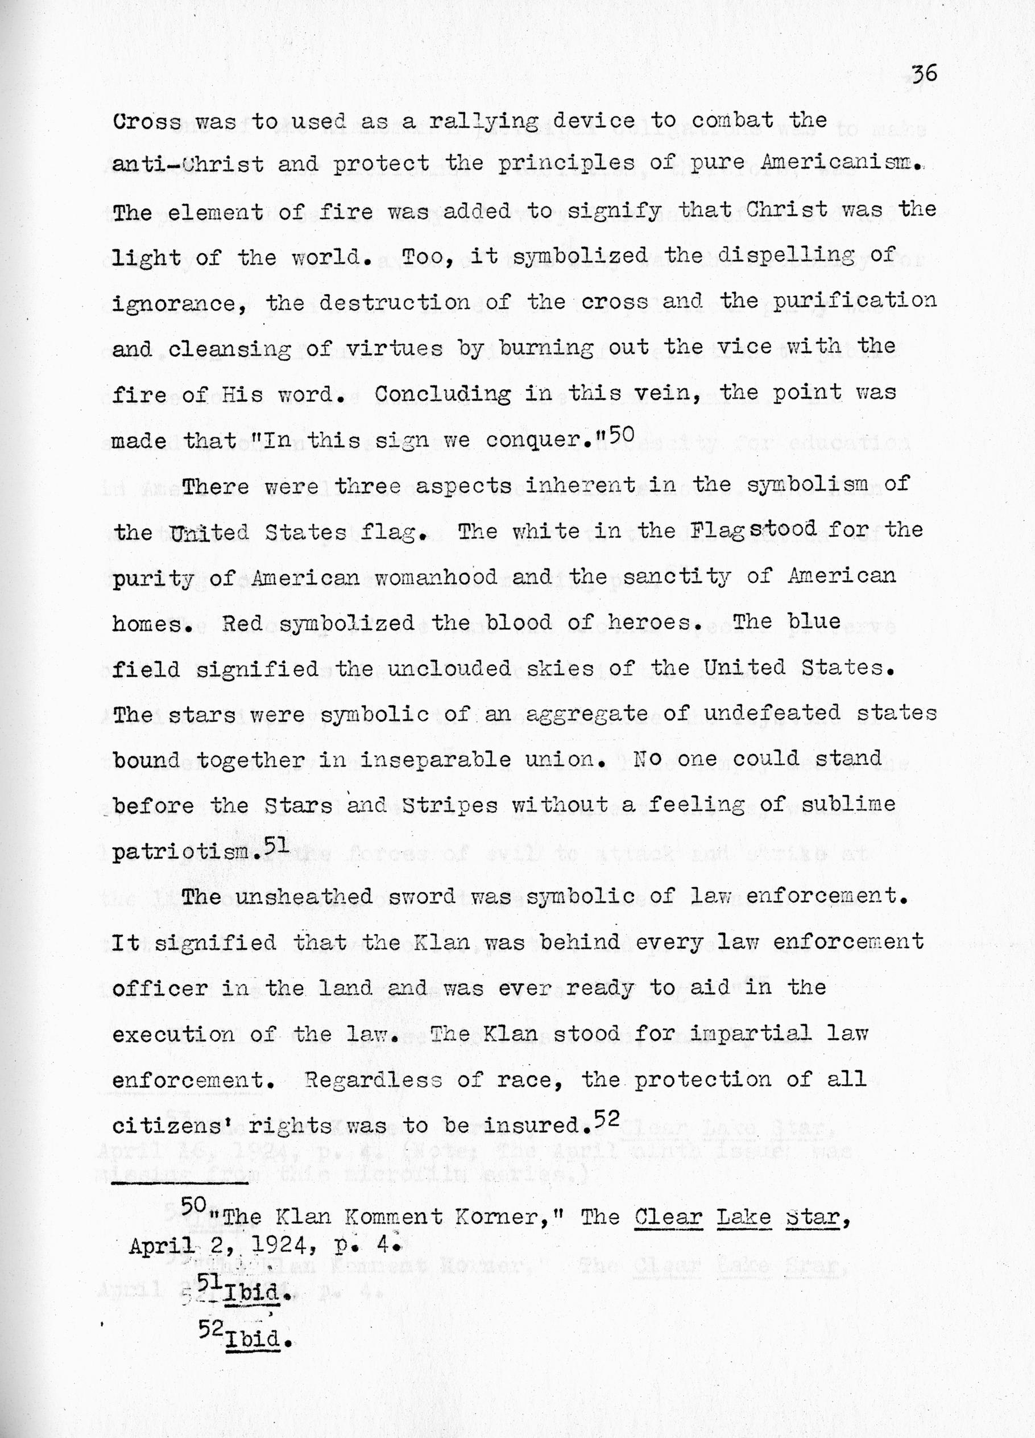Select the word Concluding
point(442,394)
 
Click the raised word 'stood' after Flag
point(783,527)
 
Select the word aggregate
point(577,715)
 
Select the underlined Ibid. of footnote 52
point(254,1338)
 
